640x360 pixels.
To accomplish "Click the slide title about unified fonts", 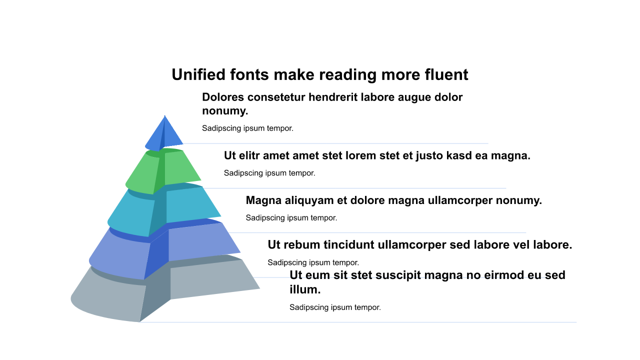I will click(320, 75).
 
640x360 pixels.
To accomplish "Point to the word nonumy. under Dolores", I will click(225, 111).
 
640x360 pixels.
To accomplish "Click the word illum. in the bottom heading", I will click(305, 289).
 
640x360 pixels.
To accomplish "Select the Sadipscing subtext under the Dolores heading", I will click(247, 128).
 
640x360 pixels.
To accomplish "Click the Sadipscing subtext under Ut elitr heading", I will click(269, 173).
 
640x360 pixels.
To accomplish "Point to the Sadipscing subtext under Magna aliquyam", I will click(291, 218).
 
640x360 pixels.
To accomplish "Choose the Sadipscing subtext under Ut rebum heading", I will click(313, 262).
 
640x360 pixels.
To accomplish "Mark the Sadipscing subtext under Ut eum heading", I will click(335, 307).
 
